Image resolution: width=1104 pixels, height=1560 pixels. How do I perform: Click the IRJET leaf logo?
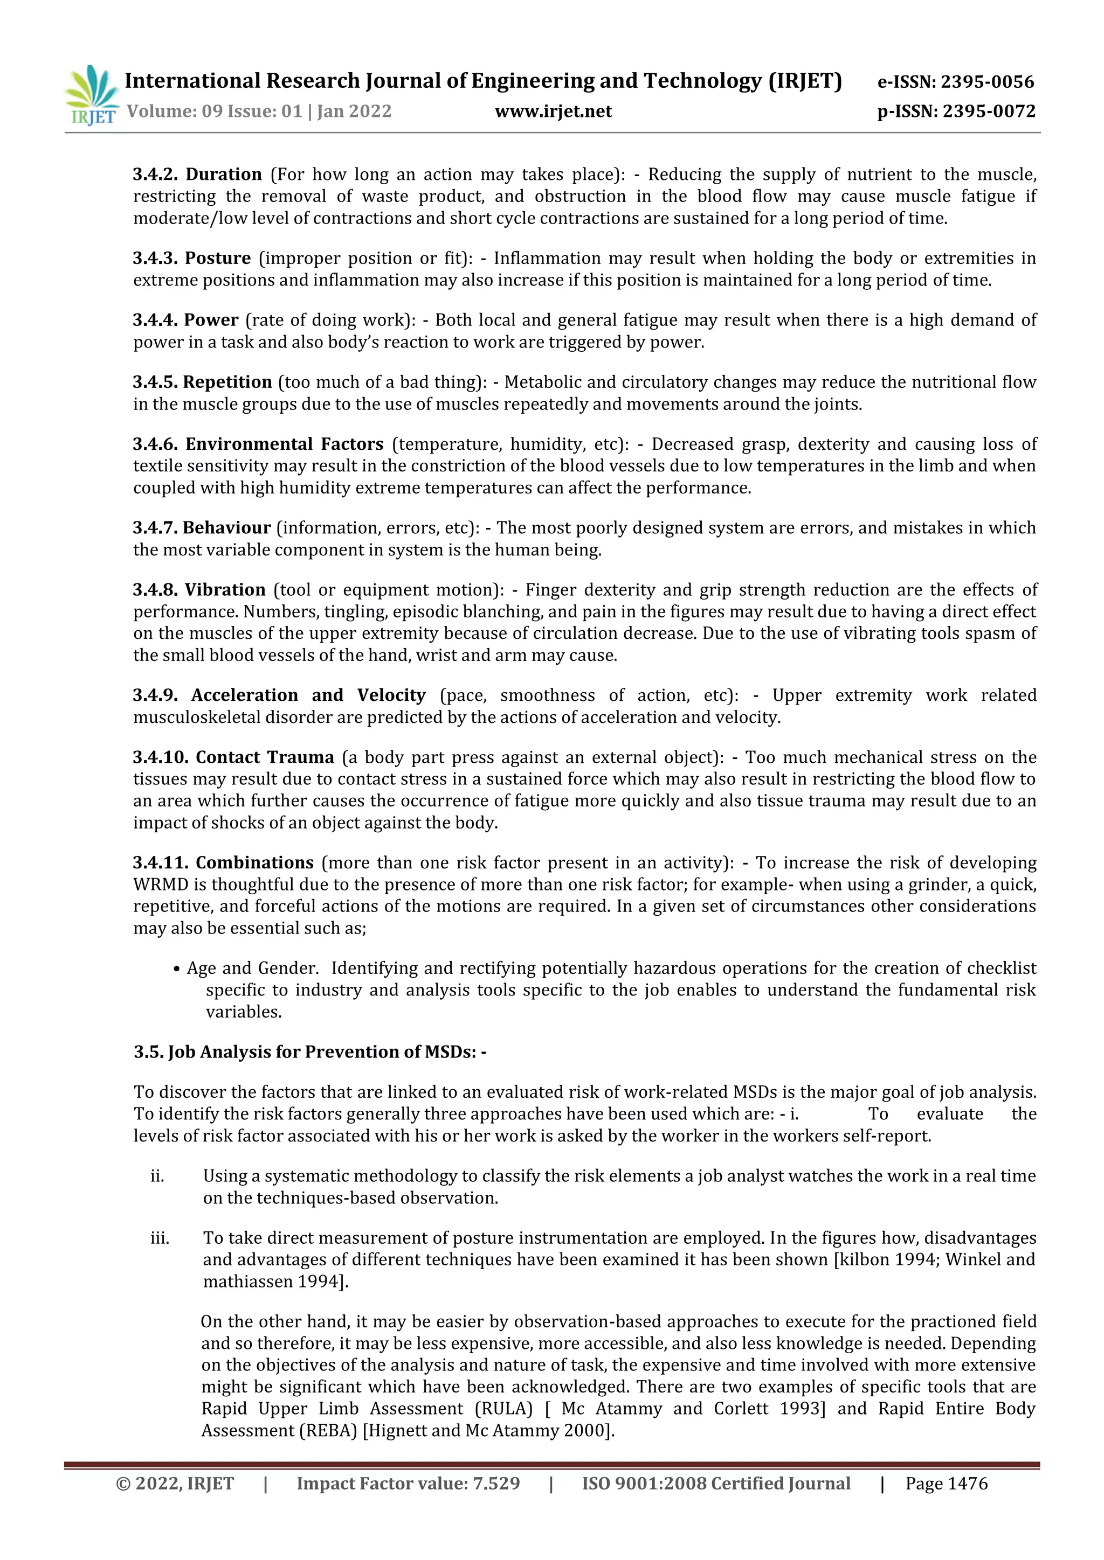[91, 94]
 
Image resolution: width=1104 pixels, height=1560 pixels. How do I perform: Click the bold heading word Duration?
[224, 175]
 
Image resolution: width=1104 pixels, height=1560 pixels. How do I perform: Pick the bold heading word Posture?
[218, 258]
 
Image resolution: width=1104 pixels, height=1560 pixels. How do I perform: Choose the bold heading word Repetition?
[227, 382]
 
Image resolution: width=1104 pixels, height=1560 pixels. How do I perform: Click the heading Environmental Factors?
[284, 444]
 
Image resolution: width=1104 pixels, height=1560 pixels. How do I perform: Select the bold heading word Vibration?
[225, 590]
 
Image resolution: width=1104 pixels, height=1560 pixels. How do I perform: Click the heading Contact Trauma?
[265, 757]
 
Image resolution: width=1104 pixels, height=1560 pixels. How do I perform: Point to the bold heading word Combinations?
[254, 863]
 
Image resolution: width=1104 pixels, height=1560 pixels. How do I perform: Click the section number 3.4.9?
[155, 696]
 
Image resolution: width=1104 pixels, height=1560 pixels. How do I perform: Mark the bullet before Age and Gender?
[177, 969]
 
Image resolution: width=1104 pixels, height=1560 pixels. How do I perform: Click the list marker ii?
[157, 1176]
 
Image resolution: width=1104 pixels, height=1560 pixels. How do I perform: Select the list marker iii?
[159, 1238]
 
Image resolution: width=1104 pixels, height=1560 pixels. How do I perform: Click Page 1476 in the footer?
[946, 1484]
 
